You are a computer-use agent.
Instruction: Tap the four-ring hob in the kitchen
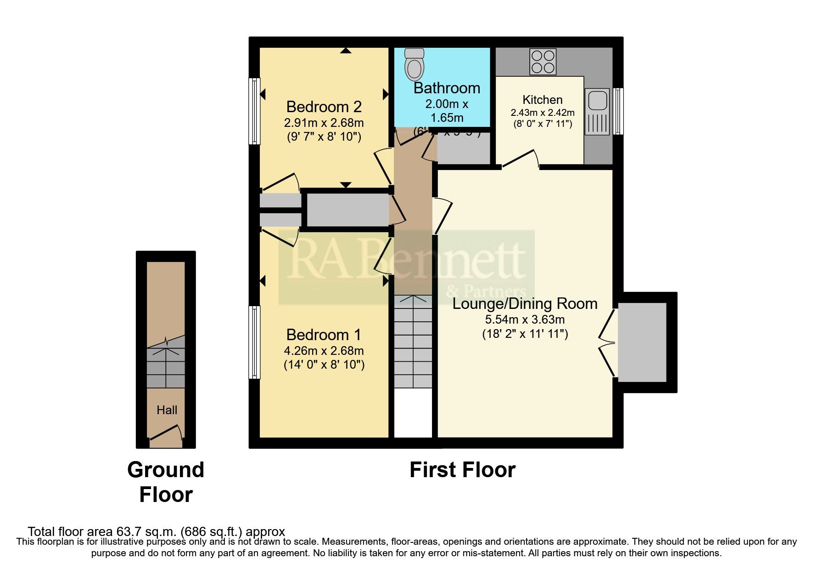(543, 62)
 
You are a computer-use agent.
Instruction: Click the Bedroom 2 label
(324, 107)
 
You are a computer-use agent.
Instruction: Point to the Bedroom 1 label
(324, 334)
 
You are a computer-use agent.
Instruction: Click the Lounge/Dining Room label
(525, 303)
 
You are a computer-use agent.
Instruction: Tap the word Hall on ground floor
(167, 410)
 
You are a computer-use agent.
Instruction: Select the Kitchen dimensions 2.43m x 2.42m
(542, 113)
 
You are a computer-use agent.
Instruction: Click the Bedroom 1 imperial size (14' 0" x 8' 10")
(324, 365)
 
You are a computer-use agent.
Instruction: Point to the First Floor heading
(462, 470)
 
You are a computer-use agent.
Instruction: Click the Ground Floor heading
(166, 482)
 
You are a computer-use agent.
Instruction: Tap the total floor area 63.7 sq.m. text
(156, 532)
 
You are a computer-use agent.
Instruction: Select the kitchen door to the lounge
(520, 159)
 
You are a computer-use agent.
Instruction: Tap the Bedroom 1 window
(254, 342)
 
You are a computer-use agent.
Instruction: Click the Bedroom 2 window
(254, 111)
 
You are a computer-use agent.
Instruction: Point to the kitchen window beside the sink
(618, 111)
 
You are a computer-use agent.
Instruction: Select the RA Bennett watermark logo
(406, 267)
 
